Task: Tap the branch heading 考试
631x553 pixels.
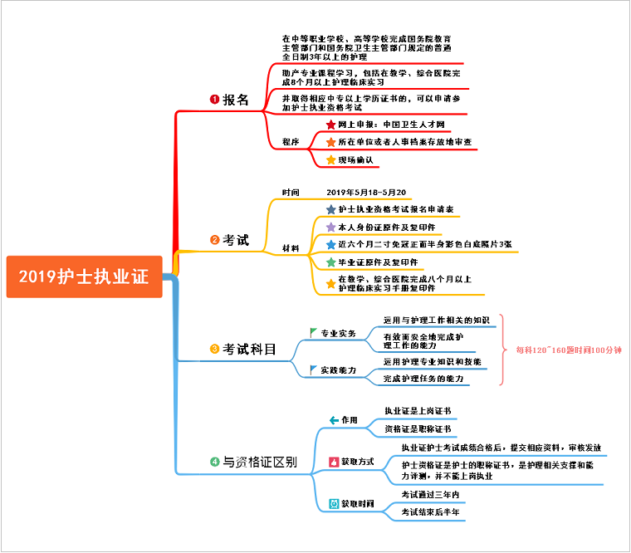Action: [235, 240]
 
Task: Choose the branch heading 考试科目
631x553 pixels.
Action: [249, 350]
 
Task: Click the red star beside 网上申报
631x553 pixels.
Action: [330, 125]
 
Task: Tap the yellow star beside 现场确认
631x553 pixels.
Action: [330, 159]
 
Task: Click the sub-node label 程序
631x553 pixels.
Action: [291, 142]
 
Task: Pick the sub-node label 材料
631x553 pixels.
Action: [291, 248]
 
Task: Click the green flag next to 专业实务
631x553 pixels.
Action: [313, 333]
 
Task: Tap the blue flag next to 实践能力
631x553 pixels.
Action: [313, 369]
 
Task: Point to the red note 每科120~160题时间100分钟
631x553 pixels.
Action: [569, 350]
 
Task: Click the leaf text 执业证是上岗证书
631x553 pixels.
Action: [418, 411]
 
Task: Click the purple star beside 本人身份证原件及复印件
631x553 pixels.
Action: [330, 227]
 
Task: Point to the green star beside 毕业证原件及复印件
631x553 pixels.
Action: [330, 262]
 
